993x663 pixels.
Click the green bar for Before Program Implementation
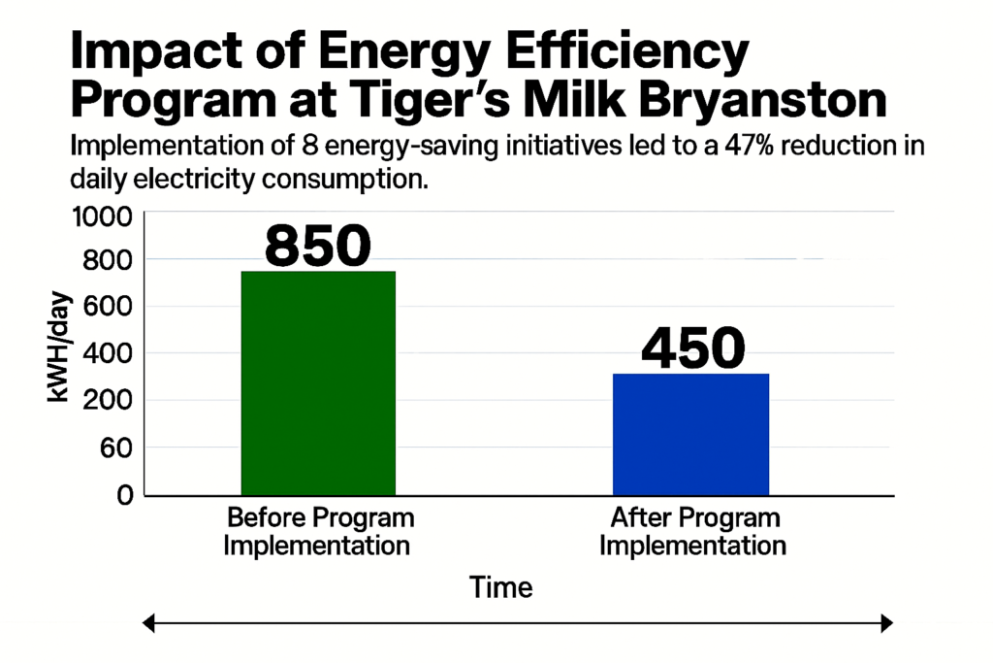pyautogui.click(x=318, y=382)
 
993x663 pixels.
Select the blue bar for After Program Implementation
pyautogui.click(x=690, y=434)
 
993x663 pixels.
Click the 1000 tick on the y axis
pyautogui.click(x=102, y=215)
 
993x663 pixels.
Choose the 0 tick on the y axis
pyautogui.click(x=124, y=495)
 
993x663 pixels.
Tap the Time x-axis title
pyautogui.click(x=500, y=587)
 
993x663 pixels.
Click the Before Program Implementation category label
pyautogui.click(x=318, y=531)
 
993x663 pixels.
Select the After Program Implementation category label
pyautogui.click(x=692, y=531)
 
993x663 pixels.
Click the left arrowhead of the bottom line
pyautogui.click(x=149, y=624)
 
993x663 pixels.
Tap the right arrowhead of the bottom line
pyautogui.click(x=886, y=624)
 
